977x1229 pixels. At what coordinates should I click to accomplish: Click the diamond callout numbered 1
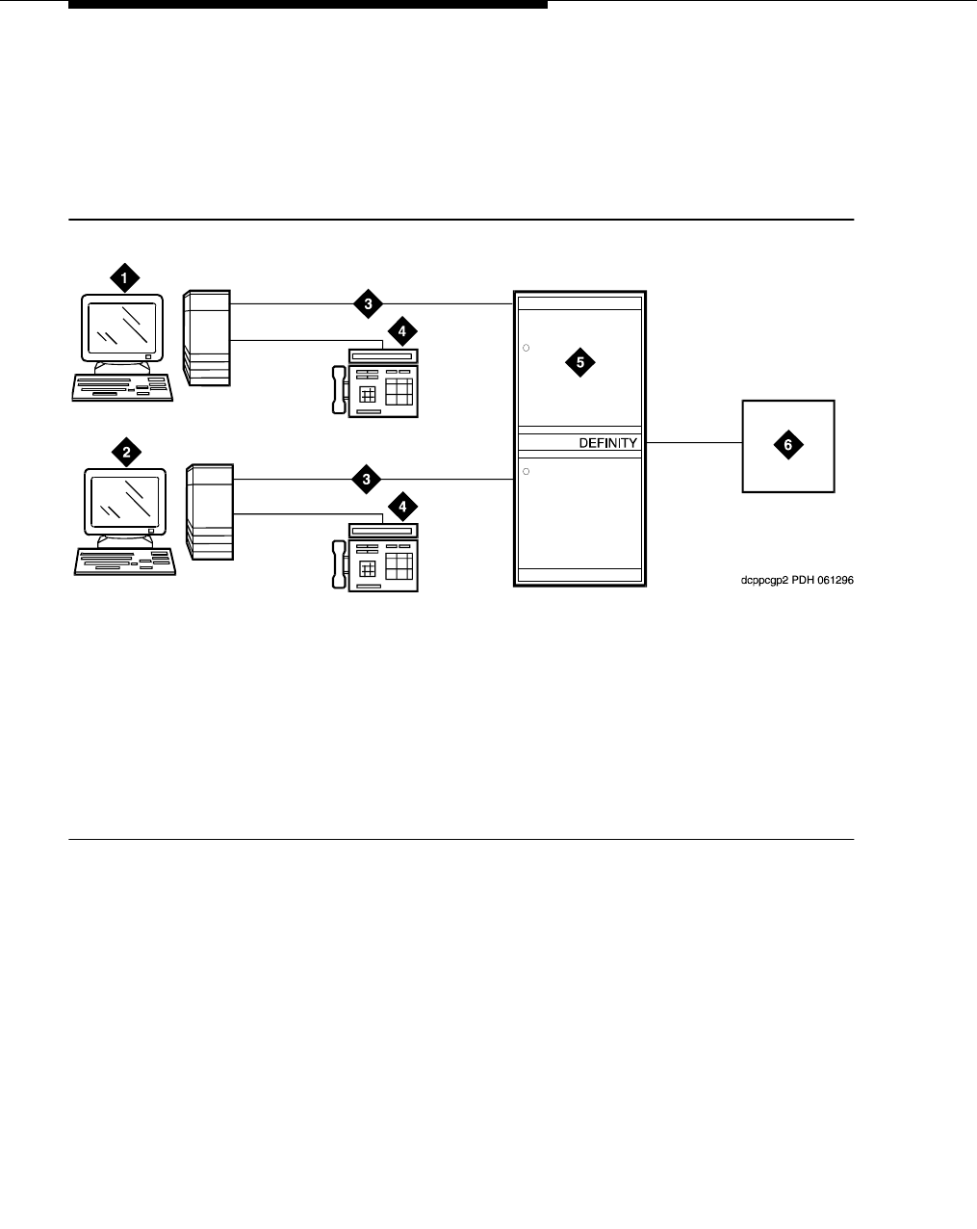123,279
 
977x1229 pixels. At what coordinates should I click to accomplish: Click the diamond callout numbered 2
125,450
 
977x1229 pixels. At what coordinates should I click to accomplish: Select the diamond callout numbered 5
579,363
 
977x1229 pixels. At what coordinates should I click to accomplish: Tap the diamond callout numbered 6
788,444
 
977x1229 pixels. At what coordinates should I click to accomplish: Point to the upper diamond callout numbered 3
368,304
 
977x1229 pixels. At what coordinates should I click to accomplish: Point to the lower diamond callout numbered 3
368,479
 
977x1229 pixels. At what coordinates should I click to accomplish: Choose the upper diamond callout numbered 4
402,332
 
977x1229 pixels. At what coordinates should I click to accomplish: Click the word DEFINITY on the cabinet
607,443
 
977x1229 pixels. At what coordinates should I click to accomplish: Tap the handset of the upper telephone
337,391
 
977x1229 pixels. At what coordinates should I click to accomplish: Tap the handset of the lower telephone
337,565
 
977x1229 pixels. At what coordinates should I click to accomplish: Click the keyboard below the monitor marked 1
123,387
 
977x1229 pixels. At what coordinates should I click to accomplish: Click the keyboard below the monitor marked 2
126,562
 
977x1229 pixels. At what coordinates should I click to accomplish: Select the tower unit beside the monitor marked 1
207,338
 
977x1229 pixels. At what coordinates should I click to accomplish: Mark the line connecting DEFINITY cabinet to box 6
693,443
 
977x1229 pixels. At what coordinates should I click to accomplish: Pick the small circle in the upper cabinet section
527,347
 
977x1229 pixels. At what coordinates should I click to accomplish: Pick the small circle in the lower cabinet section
527,471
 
